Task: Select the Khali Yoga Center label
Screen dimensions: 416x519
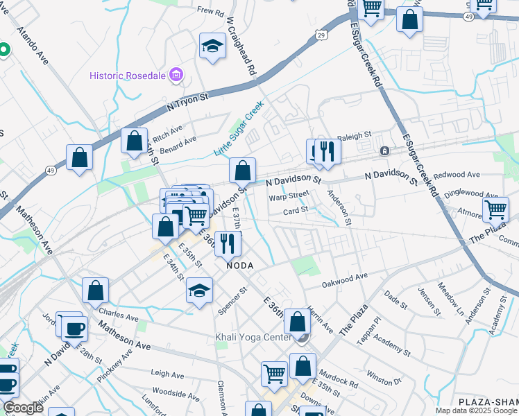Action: tap(251, 338)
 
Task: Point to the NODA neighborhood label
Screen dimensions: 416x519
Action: tap(239, 266)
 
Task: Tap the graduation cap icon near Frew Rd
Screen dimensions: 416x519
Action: tap(212, 46)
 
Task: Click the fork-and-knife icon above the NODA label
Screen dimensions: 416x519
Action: tap(228, 243)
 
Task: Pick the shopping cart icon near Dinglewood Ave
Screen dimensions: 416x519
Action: tap(495, 209)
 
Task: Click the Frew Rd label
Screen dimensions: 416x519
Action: tap(211, 11)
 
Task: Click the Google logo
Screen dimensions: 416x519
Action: tap(24, 408)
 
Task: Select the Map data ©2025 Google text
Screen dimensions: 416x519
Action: tap(476, 410)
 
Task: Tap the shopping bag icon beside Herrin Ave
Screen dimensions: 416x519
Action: tap(297, 322)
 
